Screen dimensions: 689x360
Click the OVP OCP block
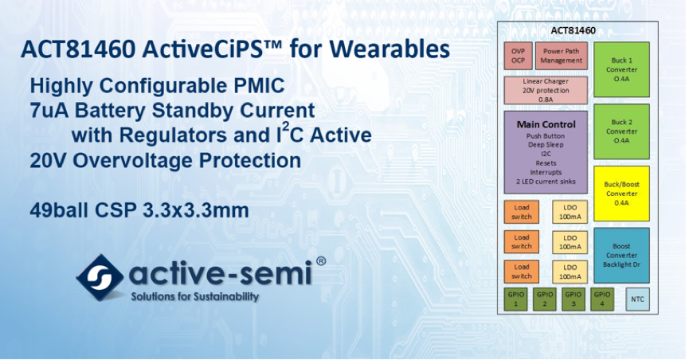click(x=518, y=56)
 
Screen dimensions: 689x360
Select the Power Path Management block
click(x=561, y=56)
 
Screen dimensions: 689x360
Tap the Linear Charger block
click(x=546, y=90)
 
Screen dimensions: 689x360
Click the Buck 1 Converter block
click(x=621, y=69)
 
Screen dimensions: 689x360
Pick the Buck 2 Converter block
click(x=621, y=131)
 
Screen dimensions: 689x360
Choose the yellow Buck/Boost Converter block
click(x=621, y=194)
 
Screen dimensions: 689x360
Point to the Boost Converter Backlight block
click(x=621, y=256)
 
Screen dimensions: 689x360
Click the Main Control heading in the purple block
click(x=546, y=124)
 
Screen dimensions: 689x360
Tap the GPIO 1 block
click(x=515, y=299)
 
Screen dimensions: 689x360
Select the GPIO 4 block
click(x=602, y=299)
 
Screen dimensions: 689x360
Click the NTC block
click(x=637, y=299)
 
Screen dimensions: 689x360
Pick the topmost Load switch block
click(x=521, y=212)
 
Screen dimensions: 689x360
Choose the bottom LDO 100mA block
click(x=570, y=272)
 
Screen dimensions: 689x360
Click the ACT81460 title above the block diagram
click(x=573, y=30)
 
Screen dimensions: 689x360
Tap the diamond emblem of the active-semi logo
click(x=100, y=277)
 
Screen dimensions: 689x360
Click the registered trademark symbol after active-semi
click(x=321, y=261)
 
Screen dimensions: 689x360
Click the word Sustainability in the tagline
click(x=227, y=297)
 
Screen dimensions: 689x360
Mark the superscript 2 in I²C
click(x=285, y=127)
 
